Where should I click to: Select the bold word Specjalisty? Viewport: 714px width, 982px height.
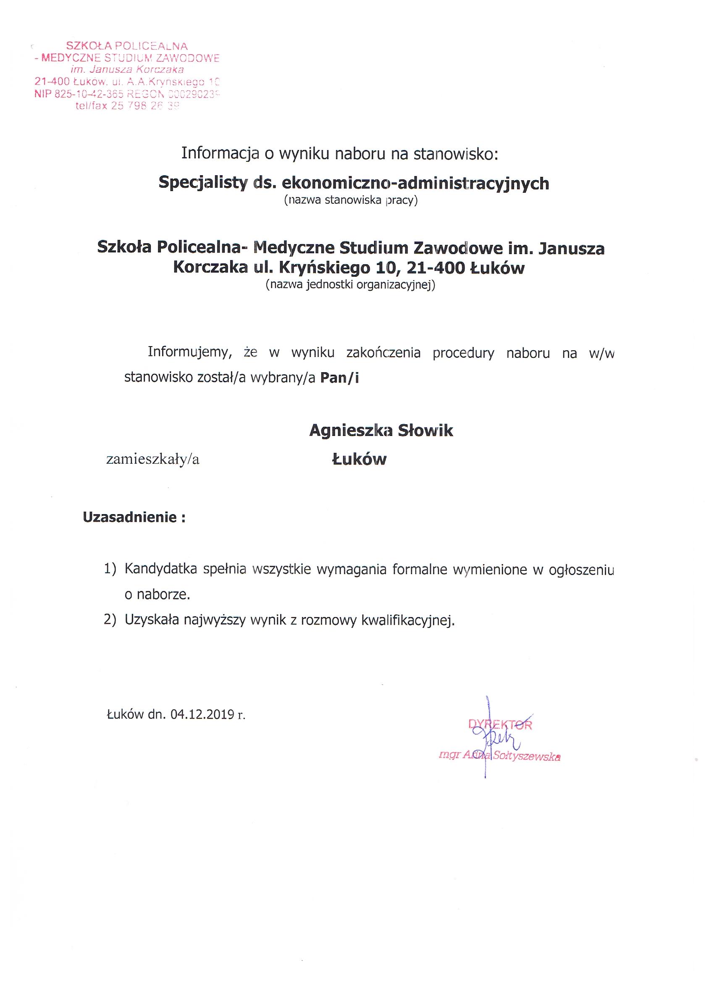(x=202, y=183)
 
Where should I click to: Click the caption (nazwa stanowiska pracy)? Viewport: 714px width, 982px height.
(x=350, y=201)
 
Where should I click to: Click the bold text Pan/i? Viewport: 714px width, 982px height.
(x=339, y=378)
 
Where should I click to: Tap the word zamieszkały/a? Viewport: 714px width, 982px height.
(x=153, y=459)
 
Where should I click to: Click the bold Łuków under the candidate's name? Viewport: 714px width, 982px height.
(x=359, y=459)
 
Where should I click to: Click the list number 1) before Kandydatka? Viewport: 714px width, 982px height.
(x=110, y=570)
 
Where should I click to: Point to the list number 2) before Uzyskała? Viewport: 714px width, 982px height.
(x=110, y=620)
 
